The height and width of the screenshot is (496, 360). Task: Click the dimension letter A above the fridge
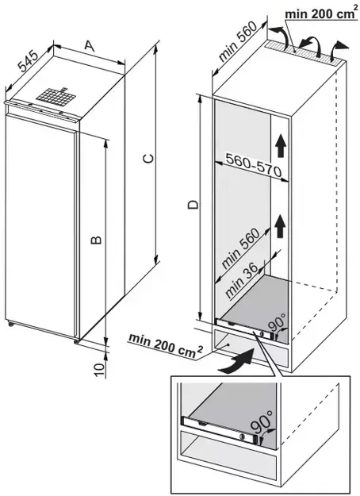click(90, 45)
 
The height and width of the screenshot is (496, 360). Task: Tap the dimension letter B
click(96, 240)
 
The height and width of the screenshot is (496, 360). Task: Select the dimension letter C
click(148, 158)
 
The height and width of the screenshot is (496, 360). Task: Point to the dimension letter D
click(193, 204)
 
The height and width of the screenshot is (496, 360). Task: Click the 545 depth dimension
click(28, 61)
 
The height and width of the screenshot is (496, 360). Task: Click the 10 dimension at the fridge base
click(99, 369)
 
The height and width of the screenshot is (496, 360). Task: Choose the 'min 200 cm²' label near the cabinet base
click(166, 346)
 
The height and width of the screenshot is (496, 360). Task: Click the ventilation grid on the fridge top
click(56, 96)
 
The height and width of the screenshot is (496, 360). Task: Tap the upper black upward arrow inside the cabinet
click(280, 146)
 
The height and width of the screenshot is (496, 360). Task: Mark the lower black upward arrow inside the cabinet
click(279, 226)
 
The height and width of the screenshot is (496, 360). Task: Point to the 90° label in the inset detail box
click(261, 422)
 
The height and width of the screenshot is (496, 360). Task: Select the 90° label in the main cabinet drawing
click(276, 322)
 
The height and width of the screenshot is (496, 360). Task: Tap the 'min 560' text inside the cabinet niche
click(240, 248)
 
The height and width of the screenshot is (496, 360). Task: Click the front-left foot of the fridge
click(10, 324)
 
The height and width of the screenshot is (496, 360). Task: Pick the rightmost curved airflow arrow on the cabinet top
click(340, 50)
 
